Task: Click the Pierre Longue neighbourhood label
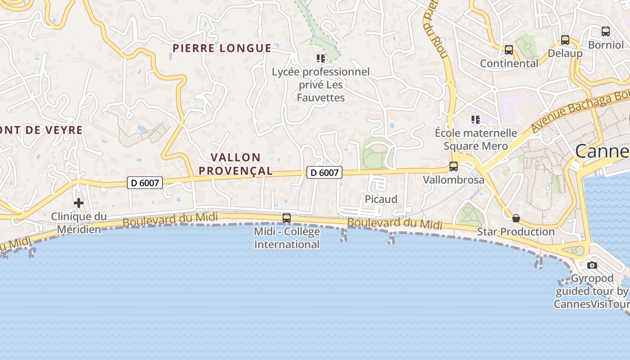point(222,48)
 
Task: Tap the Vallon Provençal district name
point(236,164)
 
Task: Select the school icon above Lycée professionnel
point(321,58)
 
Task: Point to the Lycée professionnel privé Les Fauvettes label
point(320,85)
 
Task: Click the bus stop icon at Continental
point(509,50)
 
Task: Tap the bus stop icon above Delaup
point(565,40)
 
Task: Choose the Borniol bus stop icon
point(606,31)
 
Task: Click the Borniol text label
point(606,45)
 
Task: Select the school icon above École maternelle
point(476,120)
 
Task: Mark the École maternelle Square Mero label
point(476,139)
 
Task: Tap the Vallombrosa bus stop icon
point(454,166)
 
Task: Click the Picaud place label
point(381,199)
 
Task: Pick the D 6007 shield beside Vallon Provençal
point(324,172)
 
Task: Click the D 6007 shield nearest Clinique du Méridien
point(144,182)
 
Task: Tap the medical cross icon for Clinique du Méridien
point(79,203)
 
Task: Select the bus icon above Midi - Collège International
point(287,218)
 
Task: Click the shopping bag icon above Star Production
point(516,218)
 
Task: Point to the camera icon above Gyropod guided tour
point(592,265)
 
